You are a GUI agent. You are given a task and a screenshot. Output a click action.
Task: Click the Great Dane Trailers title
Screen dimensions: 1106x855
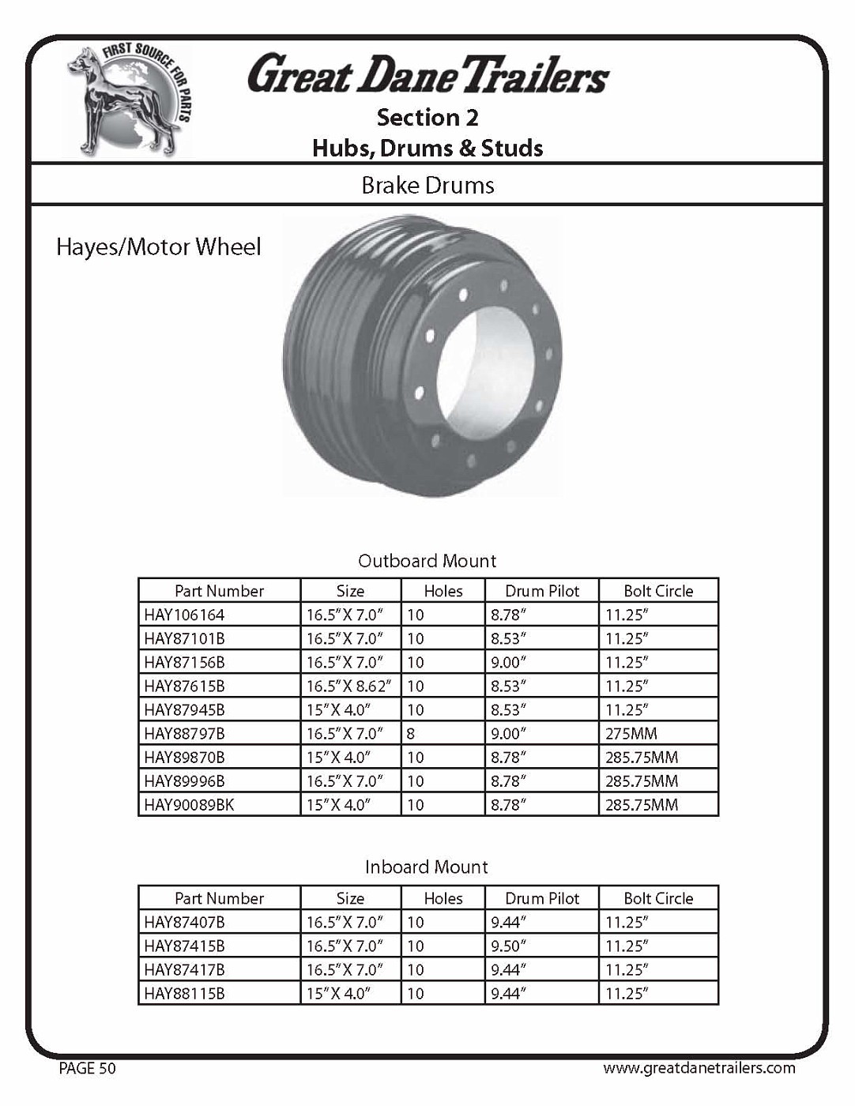tap(427, 74)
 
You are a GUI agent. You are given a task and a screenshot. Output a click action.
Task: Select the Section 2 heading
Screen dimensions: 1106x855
tap(427, 118)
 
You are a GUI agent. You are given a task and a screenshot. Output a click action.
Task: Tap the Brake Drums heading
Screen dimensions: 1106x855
tap(427, 186)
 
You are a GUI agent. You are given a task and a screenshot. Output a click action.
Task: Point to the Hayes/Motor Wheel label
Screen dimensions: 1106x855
tap(158, 247)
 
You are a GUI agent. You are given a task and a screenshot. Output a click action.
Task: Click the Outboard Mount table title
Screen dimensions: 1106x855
tap(427, 561)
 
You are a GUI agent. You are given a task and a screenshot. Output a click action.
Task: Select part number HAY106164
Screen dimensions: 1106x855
tap(184, 615)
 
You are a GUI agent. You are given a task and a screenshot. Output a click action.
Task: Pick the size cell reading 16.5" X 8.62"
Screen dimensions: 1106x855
tap(348, 686)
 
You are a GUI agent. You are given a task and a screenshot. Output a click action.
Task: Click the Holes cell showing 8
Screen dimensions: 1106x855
tap(411, 733)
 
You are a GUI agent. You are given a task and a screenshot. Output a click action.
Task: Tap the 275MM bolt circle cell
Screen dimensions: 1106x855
tap(631, 733)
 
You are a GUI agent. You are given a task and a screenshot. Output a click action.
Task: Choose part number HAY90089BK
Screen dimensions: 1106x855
tap(189, 805)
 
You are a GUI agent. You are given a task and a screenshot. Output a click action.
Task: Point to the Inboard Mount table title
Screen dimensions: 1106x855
tap(427, 867)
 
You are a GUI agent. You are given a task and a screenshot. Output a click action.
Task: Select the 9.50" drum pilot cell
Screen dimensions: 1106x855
tap(508, 946)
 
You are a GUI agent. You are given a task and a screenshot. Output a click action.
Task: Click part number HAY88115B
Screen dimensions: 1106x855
tap(184, 993)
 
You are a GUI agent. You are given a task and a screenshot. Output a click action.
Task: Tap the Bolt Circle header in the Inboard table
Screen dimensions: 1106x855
tap(658, 898)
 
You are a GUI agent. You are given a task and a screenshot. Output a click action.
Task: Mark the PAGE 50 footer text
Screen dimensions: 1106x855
tap(87, 1069)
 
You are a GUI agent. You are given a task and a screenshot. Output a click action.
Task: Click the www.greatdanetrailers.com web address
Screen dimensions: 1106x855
tap(699, 1068)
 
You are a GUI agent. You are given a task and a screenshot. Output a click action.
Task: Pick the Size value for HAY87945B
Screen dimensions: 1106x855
tap(338, 709)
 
